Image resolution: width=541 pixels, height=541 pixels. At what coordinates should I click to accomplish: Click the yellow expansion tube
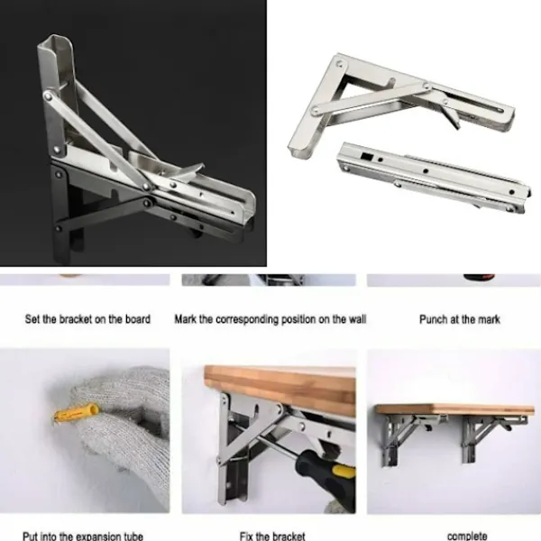point(76,413)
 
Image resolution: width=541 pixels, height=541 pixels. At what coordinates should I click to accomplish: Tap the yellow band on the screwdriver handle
point(344,471)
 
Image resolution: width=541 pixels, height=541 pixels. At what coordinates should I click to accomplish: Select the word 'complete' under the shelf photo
point(467,536)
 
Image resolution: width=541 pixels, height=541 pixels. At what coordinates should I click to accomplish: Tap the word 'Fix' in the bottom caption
point(246,536)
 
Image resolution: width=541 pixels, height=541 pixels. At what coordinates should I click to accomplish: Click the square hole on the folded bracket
point(366,156)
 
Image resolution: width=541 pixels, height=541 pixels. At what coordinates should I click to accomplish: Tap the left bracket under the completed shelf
point(408,436)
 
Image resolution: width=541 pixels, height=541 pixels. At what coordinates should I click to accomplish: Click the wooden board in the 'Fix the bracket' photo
point(280,388)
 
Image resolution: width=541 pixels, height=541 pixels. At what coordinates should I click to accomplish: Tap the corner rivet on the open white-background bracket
point(340,64)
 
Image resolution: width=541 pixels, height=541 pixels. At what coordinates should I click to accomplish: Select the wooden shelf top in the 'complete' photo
point(454,409)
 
